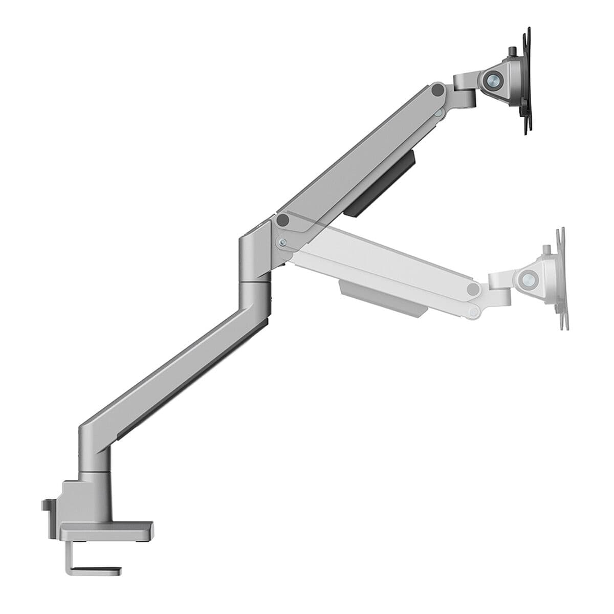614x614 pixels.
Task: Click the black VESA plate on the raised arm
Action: click(527, 82)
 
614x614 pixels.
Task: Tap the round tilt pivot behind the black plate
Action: click(494, 79)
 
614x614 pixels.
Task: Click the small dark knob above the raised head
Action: click(512, 53)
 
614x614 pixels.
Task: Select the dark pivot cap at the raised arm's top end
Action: click(437, 90)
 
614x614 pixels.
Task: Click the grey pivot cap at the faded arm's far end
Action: click(474, 289)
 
